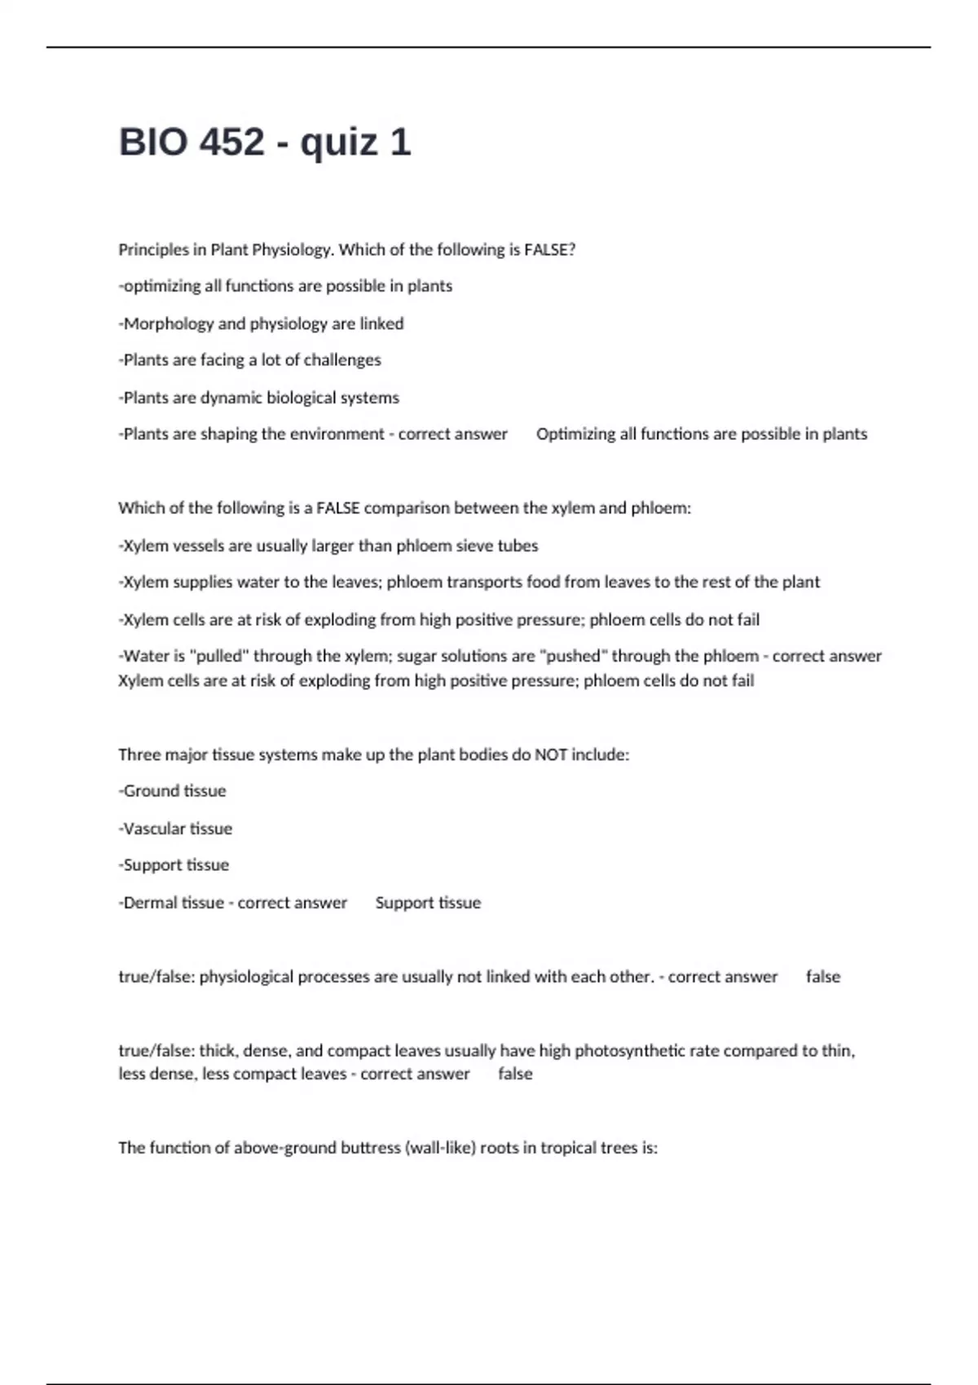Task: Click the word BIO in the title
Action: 152,143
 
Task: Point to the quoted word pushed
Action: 574,656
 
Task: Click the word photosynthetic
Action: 630,1051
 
